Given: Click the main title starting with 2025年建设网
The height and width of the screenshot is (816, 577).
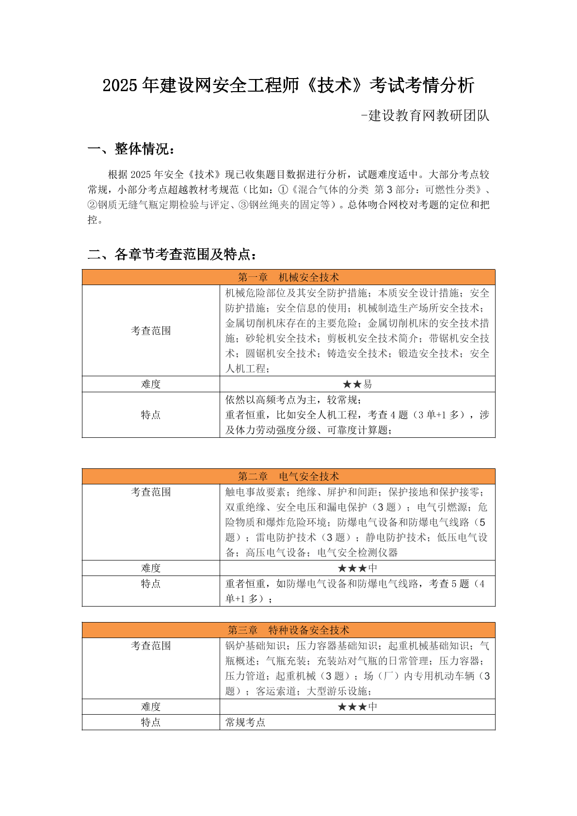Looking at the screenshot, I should pos(288,85).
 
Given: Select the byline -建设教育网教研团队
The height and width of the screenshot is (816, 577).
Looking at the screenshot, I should pos(425,116).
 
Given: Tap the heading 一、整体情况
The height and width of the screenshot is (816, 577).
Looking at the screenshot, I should pos(131,149).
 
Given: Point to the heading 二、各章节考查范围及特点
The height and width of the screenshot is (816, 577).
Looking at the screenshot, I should pos(172,254).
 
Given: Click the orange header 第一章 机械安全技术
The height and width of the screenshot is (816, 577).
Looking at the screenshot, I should pos(288,277).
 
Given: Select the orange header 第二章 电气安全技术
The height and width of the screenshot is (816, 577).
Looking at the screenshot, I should pos(288,477).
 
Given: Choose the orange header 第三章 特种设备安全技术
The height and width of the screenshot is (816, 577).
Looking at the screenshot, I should pos(288,630).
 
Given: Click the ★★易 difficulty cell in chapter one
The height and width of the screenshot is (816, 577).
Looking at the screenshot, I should pos(357,384).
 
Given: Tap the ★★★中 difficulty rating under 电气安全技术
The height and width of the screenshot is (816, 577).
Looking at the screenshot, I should pos(357,568).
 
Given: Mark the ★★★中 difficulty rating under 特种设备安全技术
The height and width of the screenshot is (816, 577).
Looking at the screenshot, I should pos(357,707).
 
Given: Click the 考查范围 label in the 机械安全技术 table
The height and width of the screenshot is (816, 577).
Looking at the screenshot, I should pos(151,331).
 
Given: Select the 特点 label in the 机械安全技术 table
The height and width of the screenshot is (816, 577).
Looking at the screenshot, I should pos(151,415).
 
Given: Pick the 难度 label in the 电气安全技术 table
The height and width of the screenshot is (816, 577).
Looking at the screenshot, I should pos(151,568).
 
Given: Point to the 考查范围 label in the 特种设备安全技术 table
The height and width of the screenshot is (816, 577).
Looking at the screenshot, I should pos(151,646).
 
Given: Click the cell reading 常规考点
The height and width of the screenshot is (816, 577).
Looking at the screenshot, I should pos(245,722).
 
